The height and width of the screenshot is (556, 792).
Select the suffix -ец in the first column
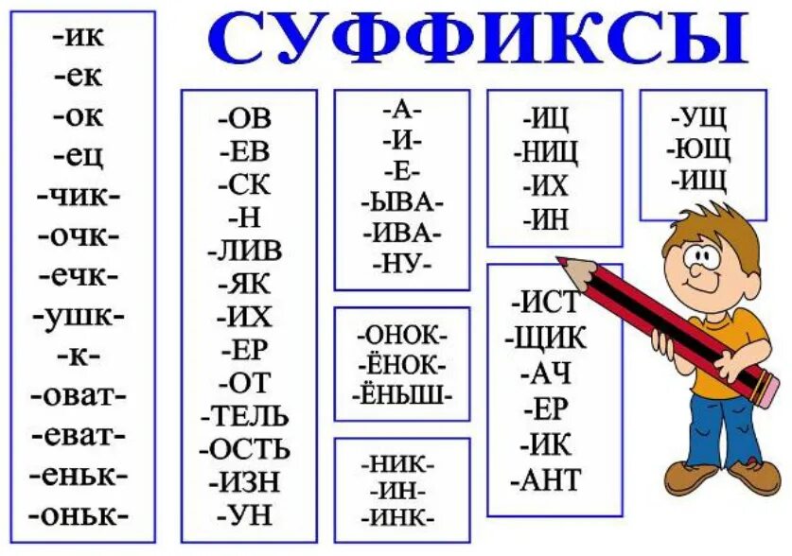click(79, 156)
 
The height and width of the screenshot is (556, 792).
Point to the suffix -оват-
click(79, 395)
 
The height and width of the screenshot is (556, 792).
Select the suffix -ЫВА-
click(401, 201)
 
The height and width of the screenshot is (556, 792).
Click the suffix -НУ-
click(401, 261)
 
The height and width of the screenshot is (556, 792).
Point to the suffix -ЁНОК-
click(401, 365)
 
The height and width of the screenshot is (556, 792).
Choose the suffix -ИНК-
click(401, 518)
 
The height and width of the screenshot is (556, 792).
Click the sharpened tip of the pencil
click(560, 260)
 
